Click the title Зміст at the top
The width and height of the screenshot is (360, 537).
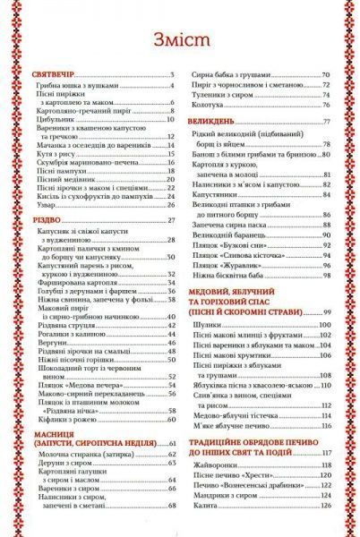click(x=179, y=43)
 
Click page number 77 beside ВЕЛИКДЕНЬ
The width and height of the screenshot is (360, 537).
click(x=327, y=121)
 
